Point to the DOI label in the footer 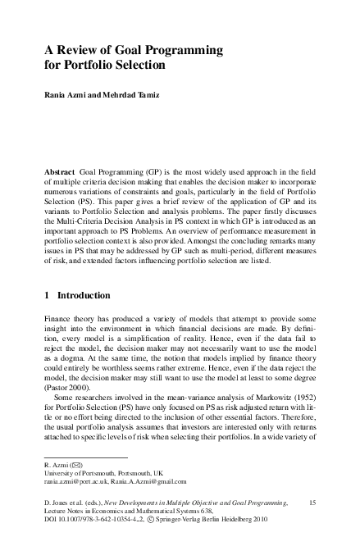click(x=52, y=518)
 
